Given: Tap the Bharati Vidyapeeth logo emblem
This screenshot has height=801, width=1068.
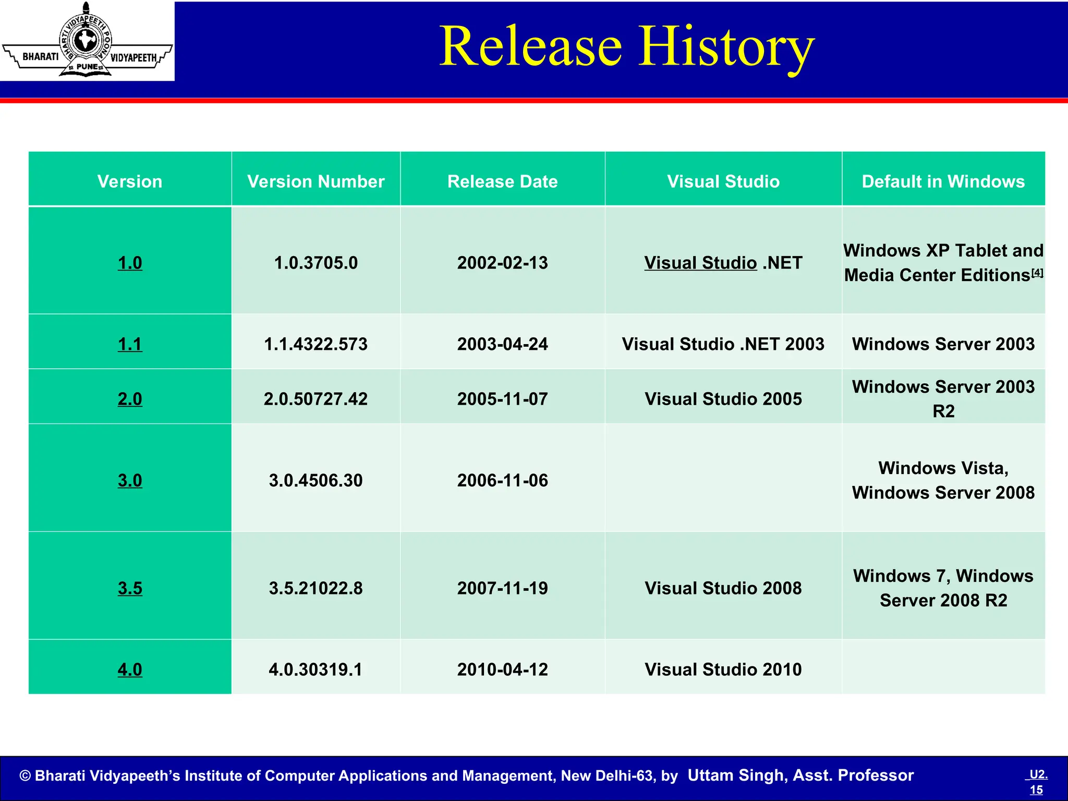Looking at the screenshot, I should (87, 41).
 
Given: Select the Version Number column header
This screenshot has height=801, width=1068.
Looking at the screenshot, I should (315, 181).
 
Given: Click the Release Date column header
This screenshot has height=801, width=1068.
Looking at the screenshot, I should (502, 181).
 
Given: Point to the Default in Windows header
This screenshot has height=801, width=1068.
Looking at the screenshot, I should (943, 181).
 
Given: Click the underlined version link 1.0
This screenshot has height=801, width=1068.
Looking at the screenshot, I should (130, 263).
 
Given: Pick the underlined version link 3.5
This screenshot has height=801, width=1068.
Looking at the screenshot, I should (130, 588).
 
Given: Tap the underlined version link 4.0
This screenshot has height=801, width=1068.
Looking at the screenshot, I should (130, 670).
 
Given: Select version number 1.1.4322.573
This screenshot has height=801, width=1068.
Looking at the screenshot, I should (315, 344).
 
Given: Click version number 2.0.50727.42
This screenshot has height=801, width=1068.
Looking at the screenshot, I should (315, 399).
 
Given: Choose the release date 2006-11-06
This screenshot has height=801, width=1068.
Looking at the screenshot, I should (502, 480).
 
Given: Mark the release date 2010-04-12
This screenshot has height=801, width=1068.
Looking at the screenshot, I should (502, 670).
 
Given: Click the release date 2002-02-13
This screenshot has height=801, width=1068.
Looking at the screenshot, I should (502, 263).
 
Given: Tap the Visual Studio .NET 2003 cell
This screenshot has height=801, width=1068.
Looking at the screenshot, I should (723, 344).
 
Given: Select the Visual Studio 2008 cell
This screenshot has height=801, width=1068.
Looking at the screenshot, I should (723, 588).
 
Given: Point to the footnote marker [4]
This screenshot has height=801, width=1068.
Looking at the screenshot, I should (1037, 272).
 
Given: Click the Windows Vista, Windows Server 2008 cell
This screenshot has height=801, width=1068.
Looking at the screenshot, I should (943, 480).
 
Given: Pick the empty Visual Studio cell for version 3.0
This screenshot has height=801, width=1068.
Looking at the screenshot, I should (723, 478).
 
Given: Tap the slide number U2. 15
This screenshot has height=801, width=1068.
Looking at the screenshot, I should (1037, 782).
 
